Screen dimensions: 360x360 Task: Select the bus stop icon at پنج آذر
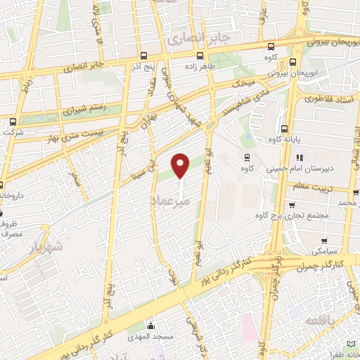tap(143, 56)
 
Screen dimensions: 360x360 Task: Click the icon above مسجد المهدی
tap(150, 325)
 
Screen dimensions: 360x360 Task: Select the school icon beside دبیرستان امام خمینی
tap(299, 157)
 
